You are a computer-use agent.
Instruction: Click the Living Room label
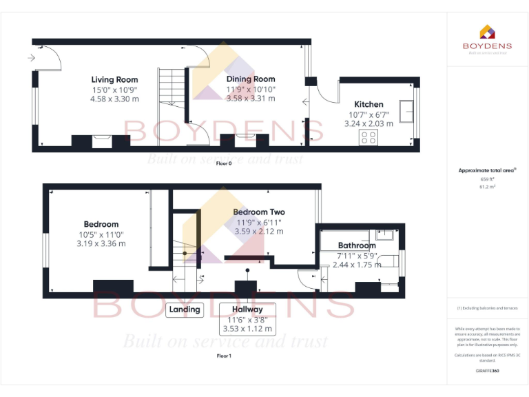tap(114, 79)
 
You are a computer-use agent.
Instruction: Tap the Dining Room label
tap(251, 79)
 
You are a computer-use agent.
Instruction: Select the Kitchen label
tap(369, 105)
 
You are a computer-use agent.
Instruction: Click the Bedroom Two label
tap(258, 212)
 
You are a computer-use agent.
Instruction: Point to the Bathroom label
tap(356, 245)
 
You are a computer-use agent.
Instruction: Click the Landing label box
tap(185, 309)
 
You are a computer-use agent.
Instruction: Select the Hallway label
tap(247, 309)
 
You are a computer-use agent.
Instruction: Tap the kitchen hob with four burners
tap(368, 138)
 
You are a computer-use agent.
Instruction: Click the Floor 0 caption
tap(224, 163)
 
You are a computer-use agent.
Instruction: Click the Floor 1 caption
tap(224, 356)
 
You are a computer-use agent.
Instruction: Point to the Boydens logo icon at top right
tap(487, 32)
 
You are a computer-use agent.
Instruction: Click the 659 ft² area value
tap(487, 179)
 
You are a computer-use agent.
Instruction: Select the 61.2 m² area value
tap(487, 187)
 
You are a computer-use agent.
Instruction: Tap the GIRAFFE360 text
tap(487, 371)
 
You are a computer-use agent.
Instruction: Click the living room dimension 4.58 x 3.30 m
tap(114, 99)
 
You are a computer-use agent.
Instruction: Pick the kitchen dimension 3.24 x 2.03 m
tap(369, 124)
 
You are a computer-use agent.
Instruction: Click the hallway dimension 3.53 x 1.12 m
tap(247, 329)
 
